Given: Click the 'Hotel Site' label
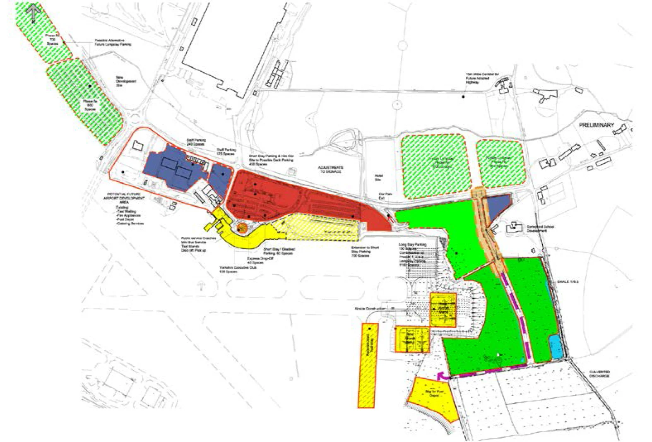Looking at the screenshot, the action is (378, 178).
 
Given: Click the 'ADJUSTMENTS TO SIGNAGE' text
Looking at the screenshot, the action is (330, 169).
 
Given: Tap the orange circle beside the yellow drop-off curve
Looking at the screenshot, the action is (241, 227).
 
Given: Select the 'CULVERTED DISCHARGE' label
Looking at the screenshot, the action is (599, 374).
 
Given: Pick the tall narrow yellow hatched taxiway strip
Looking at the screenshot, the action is (368, 364).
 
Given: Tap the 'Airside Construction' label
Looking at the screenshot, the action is (370, 309).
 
